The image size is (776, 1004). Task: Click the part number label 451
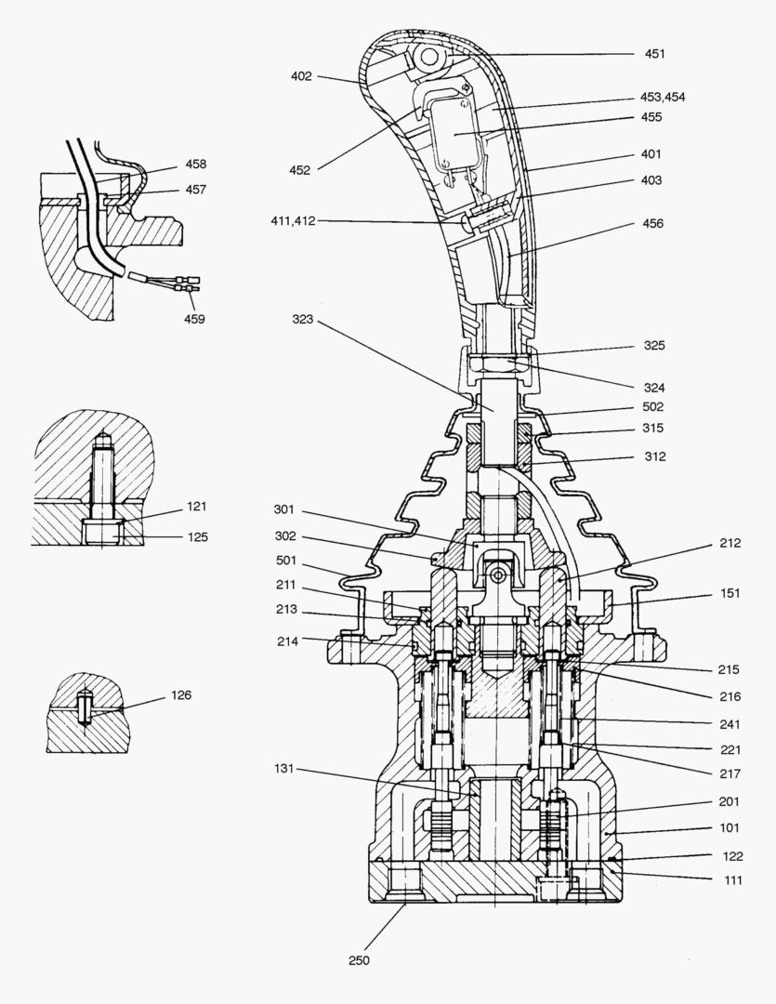[x=655, y=54]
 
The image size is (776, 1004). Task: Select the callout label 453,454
[x=663, y=97]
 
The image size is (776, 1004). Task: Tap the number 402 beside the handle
[x=301, y=76]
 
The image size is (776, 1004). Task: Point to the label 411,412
[x=293, y=220]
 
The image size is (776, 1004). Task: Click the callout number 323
[x=302, y=319]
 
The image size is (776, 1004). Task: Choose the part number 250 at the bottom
[x=359, y=960]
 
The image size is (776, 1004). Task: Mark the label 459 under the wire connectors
[x=194, y=319]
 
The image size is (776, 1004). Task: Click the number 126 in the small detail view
[x=180, y=695]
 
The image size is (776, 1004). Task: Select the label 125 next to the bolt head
[x=196, y=536]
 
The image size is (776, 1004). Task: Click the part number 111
[x=732, y=880]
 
